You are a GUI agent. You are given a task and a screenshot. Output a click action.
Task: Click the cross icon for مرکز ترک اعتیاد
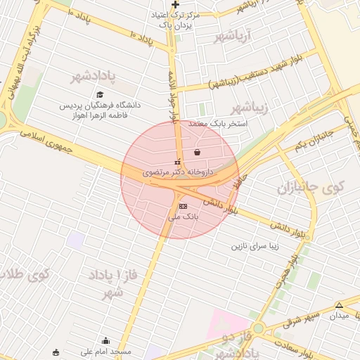point(176,4)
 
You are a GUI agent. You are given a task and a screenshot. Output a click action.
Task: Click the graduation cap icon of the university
point(100,94)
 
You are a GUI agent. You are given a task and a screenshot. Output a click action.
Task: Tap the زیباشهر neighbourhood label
point(251,107)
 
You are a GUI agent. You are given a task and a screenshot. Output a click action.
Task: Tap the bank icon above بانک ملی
point(183,206)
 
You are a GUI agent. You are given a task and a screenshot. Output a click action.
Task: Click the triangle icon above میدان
point(339,305)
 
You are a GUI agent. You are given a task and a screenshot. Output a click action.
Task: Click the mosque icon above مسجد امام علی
point(105,340)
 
